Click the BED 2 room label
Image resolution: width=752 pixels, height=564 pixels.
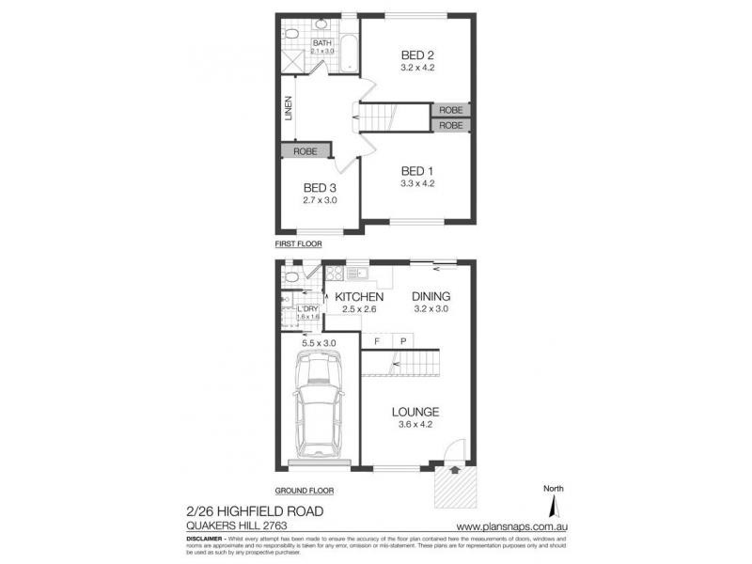pyautogui.click(x=417, y=55)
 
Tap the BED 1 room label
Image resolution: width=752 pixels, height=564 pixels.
pyautogui.click(x=417, y=170)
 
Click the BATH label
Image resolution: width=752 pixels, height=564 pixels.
pyautogui.click(x=322, y=43)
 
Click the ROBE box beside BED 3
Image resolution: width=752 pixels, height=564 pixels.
pyautogui.click(x=305, y=150)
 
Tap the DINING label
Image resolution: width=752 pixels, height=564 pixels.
pyautogui.click(x=432, y=297)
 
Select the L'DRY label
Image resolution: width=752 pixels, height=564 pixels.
pyautogui.click(x=308, y=308)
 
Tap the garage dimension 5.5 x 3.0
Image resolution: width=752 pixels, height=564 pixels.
pyautogui.click(x=319, y=343)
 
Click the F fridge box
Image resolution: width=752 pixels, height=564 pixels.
pyautogui.click(x=377, y=340)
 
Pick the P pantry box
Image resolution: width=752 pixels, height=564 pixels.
pyautogui.click(x=402, y=340)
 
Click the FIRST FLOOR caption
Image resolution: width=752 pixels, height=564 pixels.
pyautogui.click(x=298, y=243)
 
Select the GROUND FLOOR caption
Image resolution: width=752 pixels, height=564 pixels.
pyautogui.click(x=304, y=491)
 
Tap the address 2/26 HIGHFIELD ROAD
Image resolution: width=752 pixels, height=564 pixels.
pyautogui.click(x=257, y=510)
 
